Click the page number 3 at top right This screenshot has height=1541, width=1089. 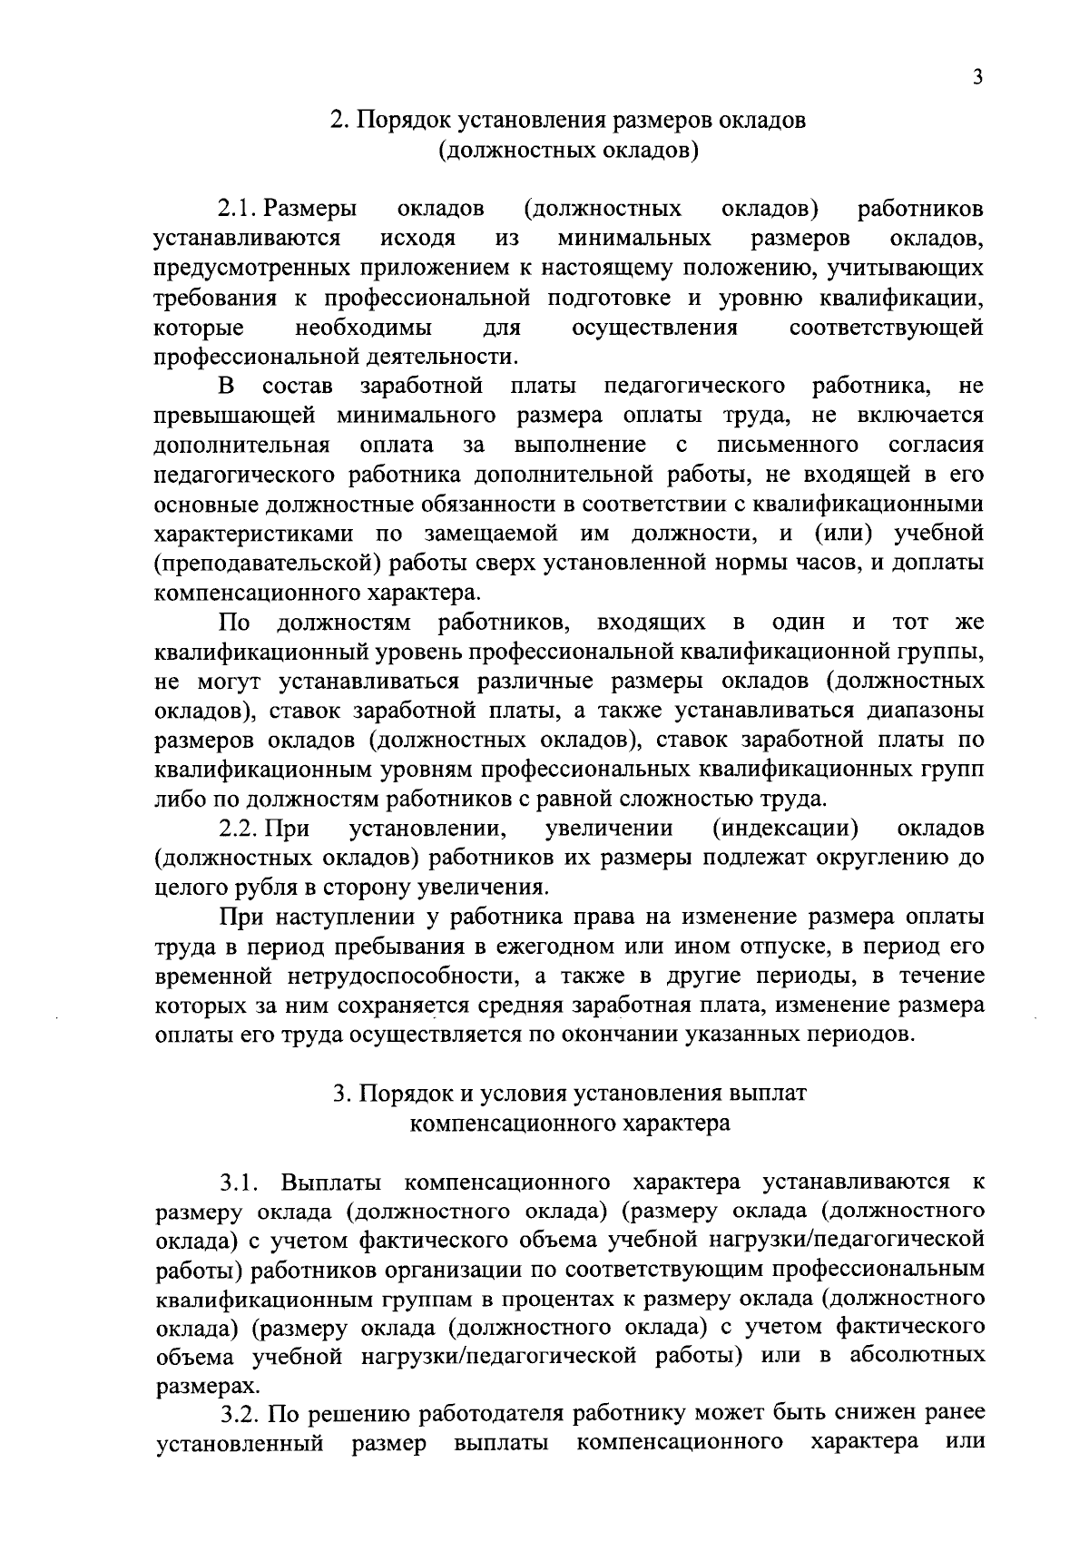pos(976,78)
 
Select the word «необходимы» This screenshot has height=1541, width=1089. pos(364,328)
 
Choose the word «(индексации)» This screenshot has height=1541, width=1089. pos(787,829)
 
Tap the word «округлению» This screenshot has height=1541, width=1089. pos(868,858)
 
